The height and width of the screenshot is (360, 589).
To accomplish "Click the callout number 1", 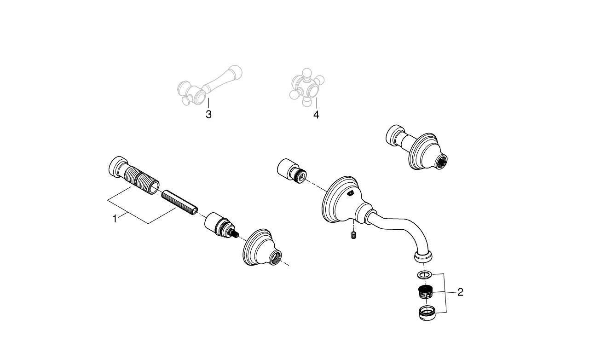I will coord(115,219).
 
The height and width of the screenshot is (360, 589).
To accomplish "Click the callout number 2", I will coord(460,292).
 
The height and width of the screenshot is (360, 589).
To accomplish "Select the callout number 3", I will coord(208,114).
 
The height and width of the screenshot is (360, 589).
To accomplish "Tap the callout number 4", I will coord(316,114).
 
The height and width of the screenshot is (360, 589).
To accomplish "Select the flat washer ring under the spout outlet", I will coord(424,275).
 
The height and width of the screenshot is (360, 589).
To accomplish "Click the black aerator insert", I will coord(426,292).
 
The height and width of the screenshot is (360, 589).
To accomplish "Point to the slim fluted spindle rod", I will coord(179,203).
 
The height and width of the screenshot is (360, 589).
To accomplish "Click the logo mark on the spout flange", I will coord(351,194).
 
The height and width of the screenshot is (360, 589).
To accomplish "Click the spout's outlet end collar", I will coord(424,256).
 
